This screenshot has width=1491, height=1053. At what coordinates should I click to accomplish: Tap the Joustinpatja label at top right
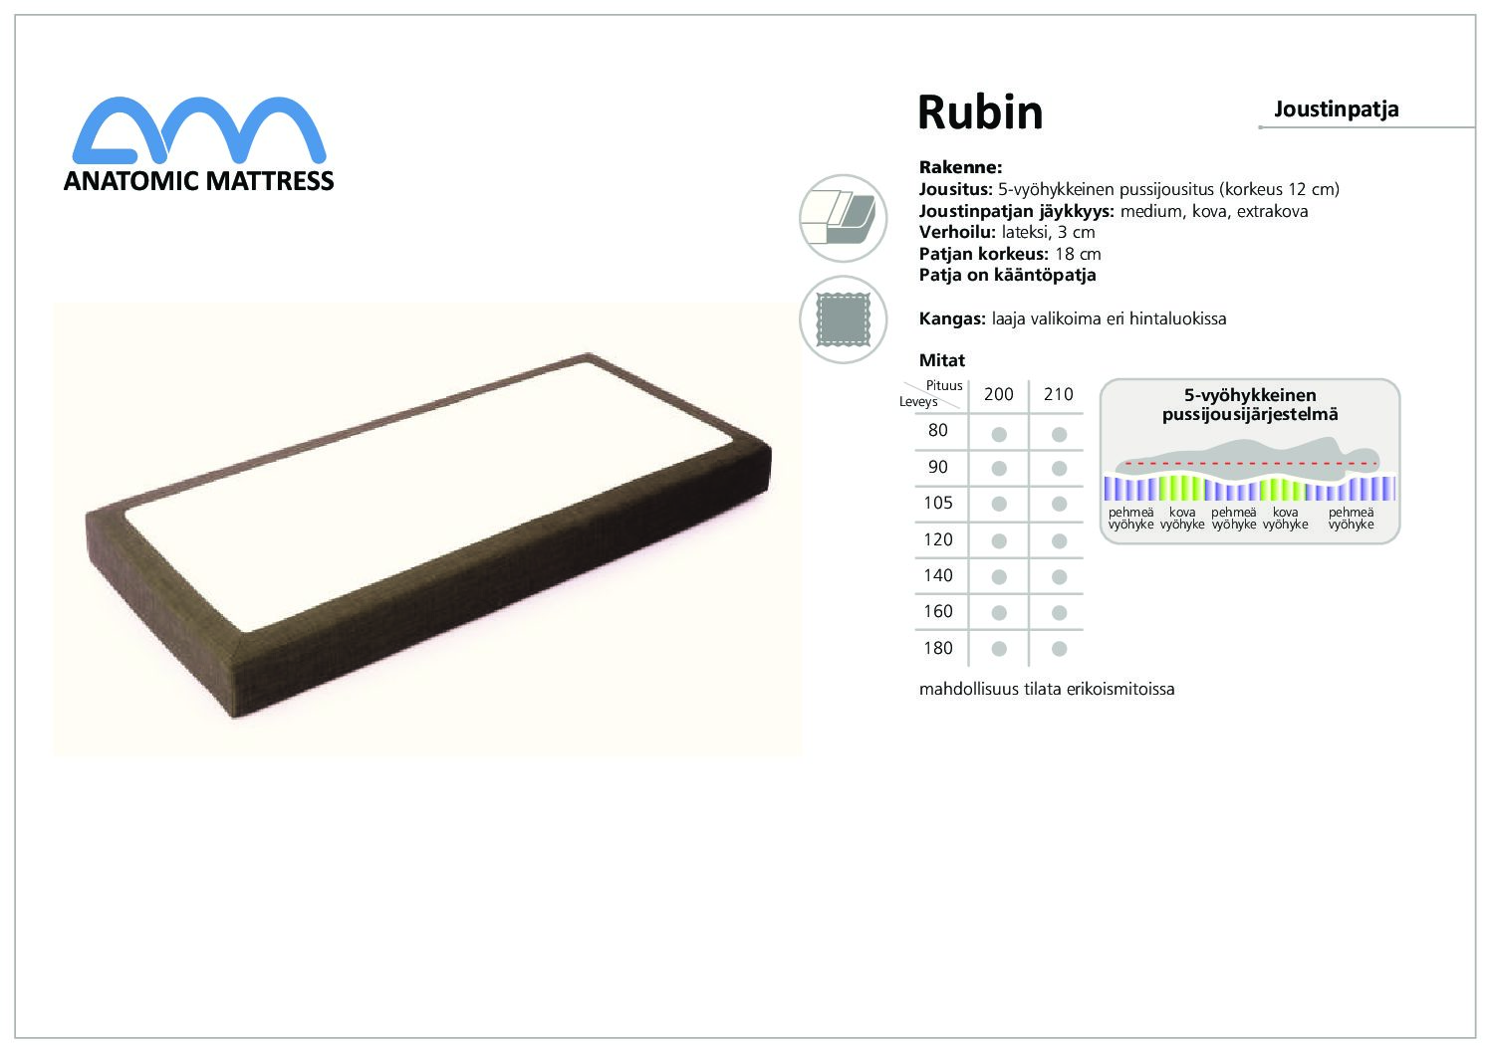1336,109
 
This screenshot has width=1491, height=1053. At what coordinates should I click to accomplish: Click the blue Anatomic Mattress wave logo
199,130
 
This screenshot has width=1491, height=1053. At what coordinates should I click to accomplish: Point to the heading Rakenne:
960,167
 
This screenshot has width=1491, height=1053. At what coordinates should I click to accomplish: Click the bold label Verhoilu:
957,232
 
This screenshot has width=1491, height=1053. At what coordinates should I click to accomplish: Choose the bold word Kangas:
952,318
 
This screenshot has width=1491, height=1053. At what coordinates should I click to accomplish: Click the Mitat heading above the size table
942,360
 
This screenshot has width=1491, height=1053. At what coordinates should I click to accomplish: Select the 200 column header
998,394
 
